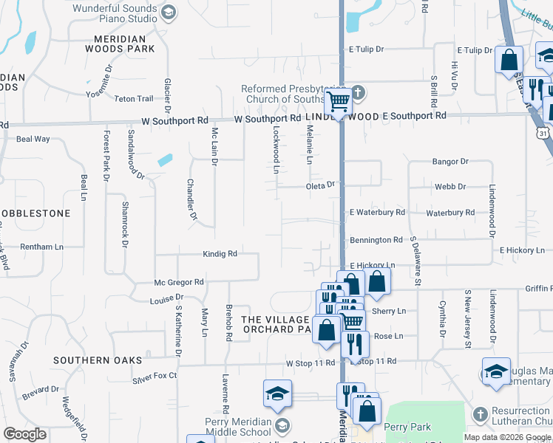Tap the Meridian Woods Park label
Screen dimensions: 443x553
(x=124, y=43)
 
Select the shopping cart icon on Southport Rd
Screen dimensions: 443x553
(x=338, y=101)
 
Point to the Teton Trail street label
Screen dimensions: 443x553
(x=134, y=98)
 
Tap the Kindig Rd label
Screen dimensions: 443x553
(x=220, y=254)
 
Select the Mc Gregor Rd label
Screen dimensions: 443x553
(x=178, y=282)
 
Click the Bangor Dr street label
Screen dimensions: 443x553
(x=450, y=161)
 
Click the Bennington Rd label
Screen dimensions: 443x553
(x=376, y=240)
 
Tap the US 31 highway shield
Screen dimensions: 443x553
(x=543, y=134)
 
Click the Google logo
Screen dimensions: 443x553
(x=25, y=434)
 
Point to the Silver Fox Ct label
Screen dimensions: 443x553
(x=155, y=376)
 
